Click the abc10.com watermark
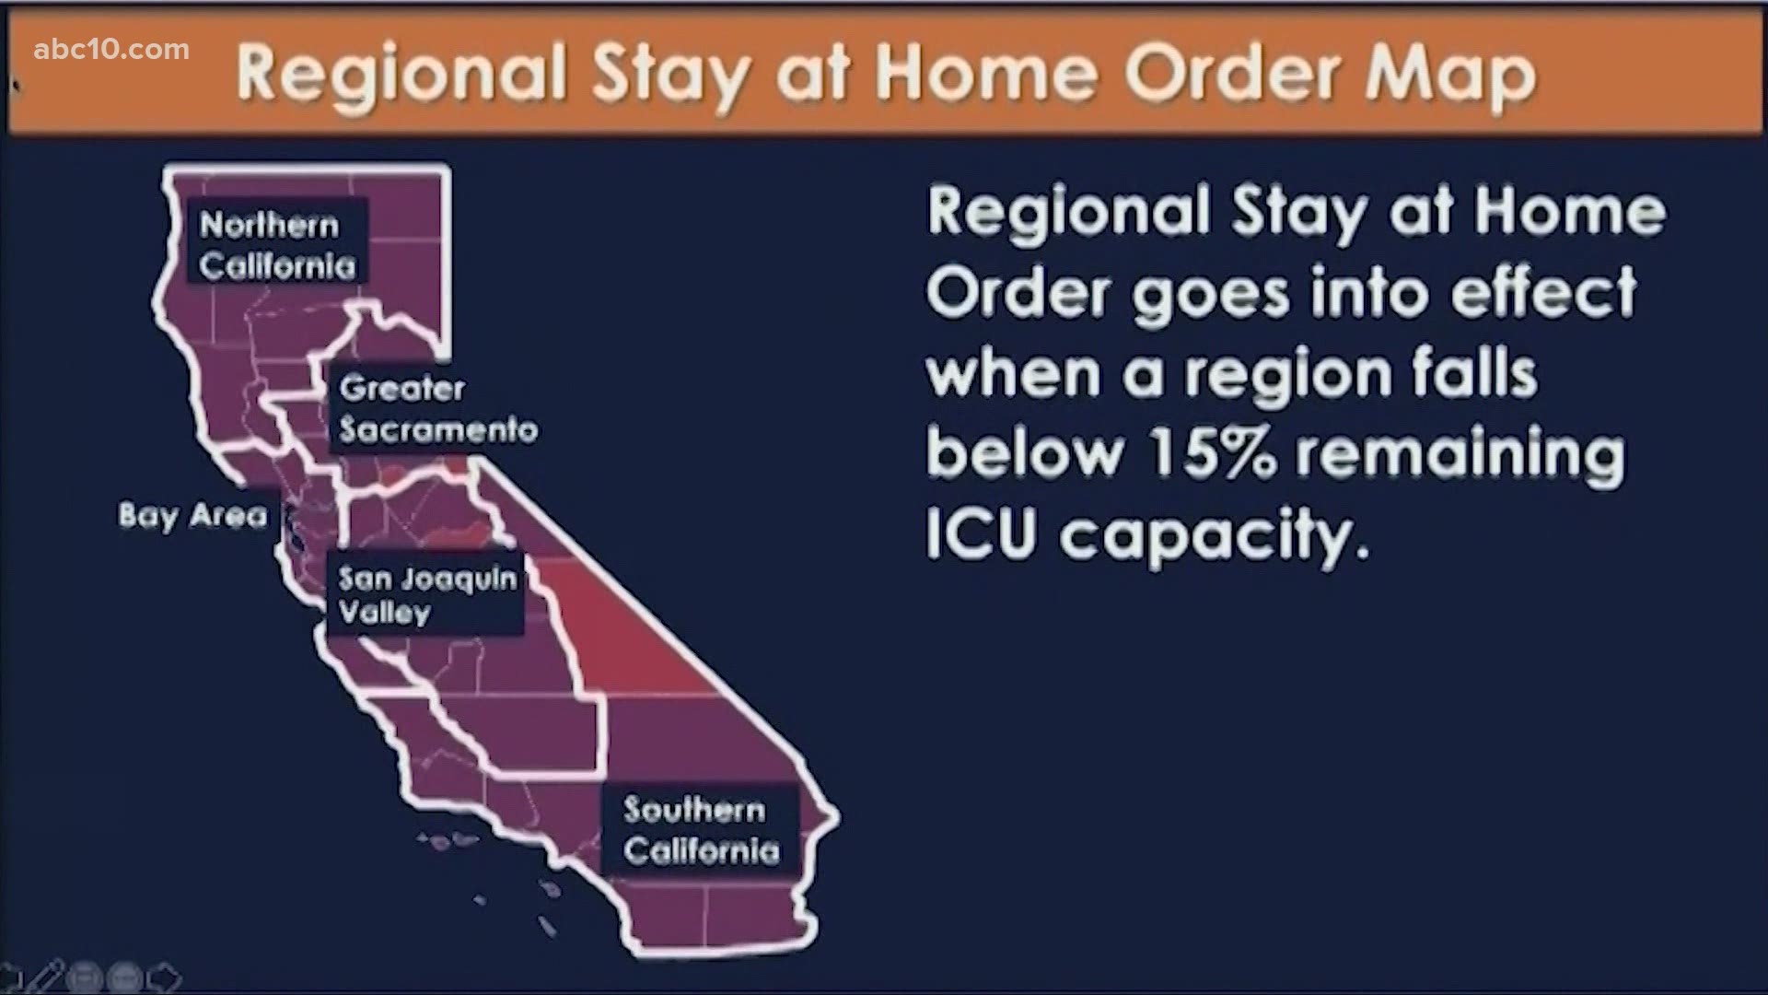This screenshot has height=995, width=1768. (111, 49)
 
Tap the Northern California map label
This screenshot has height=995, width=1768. (277, 245)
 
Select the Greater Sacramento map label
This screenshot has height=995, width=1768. (438, 408)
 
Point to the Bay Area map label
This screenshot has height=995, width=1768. (192, 515)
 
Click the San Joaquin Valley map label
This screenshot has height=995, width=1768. (427, 595)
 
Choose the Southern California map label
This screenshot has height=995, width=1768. (701, 829)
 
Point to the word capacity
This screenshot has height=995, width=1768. (1215, 538)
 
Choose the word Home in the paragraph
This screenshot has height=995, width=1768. (1570, 211)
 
